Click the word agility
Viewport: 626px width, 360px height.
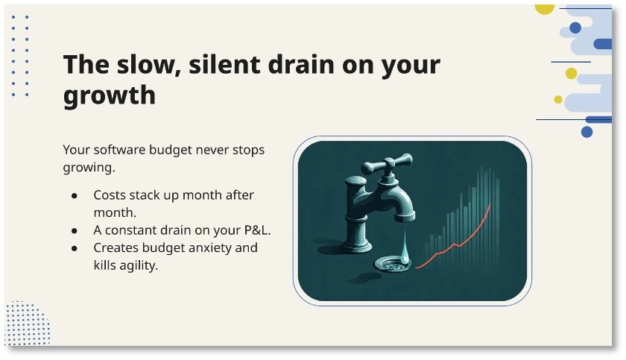(141, 265)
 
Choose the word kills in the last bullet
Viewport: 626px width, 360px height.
(107, 265)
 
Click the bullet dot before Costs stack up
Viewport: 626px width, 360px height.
(75, 196)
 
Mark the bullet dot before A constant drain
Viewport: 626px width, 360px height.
(75, 230)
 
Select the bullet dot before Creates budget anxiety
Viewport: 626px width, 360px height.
(75, 247)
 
